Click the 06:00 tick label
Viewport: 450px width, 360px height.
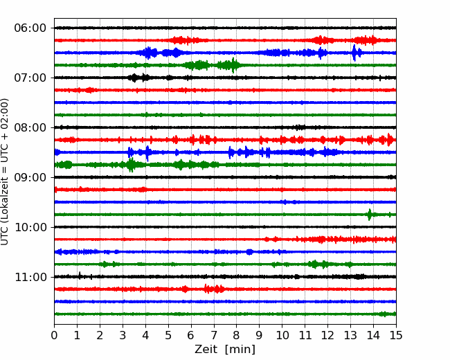[30, 28]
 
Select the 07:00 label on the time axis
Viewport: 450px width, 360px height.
[30, 78]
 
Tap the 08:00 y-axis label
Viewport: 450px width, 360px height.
[30, 127]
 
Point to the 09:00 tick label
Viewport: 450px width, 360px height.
[30, 177]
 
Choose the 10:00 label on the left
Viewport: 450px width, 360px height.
[30, 227]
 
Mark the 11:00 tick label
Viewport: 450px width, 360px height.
[30, 277]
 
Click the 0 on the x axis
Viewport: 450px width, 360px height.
[54, 335]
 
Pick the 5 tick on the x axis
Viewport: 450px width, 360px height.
[168, 335]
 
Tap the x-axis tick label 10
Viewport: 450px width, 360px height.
[282, 335]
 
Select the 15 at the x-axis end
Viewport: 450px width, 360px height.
[396, 335]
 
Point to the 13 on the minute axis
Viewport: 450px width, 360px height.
[350, 335]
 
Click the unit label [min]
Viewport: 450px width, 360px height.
[240, 350]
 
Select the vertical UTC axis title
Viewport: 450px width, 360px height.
[4, 172]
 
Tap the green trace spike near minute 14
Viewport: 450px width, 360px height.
[370, 215]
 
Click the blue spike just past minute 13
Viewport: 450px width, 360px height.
[354, 53]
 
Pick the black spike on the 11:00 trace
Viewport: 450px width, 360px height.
[80, 276]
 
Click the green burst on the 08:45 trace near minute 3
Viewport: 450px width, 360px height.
[131, 165]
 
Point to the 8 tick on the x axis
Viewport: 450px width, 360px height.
[237, 335]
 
